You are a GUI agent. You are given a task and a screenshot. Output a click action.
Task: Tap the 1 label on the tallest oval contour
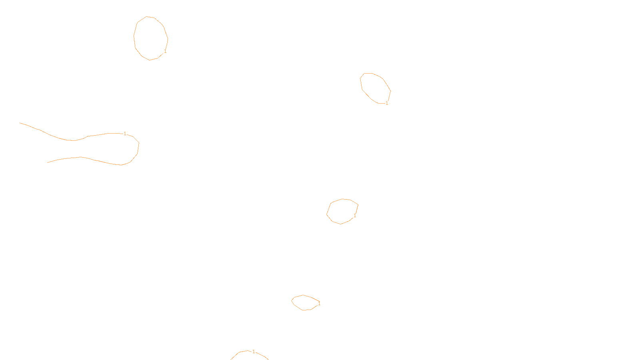tap(165, 51)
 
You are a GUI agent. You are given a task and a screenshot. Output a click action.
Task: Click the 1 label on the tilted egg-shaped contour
tap(387, 103)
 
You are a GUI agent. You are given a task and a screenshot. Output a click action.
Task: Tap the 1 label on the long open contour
tap(125, 134)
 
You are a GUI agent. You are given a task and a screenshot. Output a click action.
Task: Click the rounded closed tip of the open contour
tap(138, 148)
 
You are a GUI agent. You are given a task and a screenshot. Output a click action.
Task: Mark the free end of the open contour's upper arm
tap(20, 123)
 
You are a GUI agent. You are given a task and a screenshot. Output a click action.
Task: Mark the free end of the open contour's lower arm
tap(48, 162)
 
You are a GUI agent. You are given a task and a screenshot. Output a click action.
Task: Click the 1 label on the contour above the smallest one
tap(355, 216)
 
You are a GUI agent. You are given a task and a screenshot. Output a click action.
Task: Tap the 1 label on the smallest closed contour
tap(319, 304)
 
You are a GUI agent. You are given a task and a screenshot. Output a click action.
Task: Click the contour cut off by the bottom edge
tap(239, 352)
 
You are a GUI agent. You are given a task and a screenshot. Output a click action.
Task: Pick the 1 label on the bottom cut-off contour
tap(254, 352)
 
